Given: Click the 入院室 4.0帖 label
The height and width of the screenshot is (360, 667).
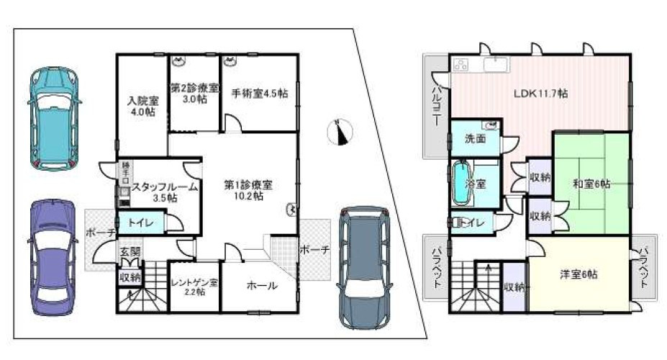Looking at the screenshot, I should pyautogui.click(x=143, y=107).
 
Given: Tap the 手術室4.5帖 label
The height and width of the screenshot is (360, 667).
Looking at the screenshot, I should pyautogui.click(x=260, y=94).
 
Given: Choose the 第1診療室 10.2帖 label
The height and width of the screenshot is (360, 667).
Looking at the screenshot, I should pyautogui.click(x=248, y=190).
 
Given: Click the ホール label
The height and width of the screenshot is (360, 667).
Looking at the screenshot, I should pyautogui.click(x=261, y=286).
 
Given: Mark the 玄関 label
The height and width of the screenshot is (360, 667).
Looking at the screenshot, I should pyautogui.click(x=130, y=252).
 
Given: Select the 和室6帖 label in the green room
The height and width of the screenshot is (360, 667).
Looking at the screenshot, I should pyautogui.click(x=591, y=184).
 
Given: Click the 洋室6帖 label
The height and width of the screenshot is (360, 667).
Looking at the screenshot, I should pyautogui.click(x=579, y=274).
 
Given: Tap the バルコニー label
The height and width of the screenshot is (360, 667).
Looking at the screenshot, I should pyautogui.click(x=436, y=108).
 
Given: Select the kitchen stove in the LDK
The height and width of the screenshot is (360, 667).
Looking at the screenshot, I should pyautogui.click(x=461, y=64).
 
